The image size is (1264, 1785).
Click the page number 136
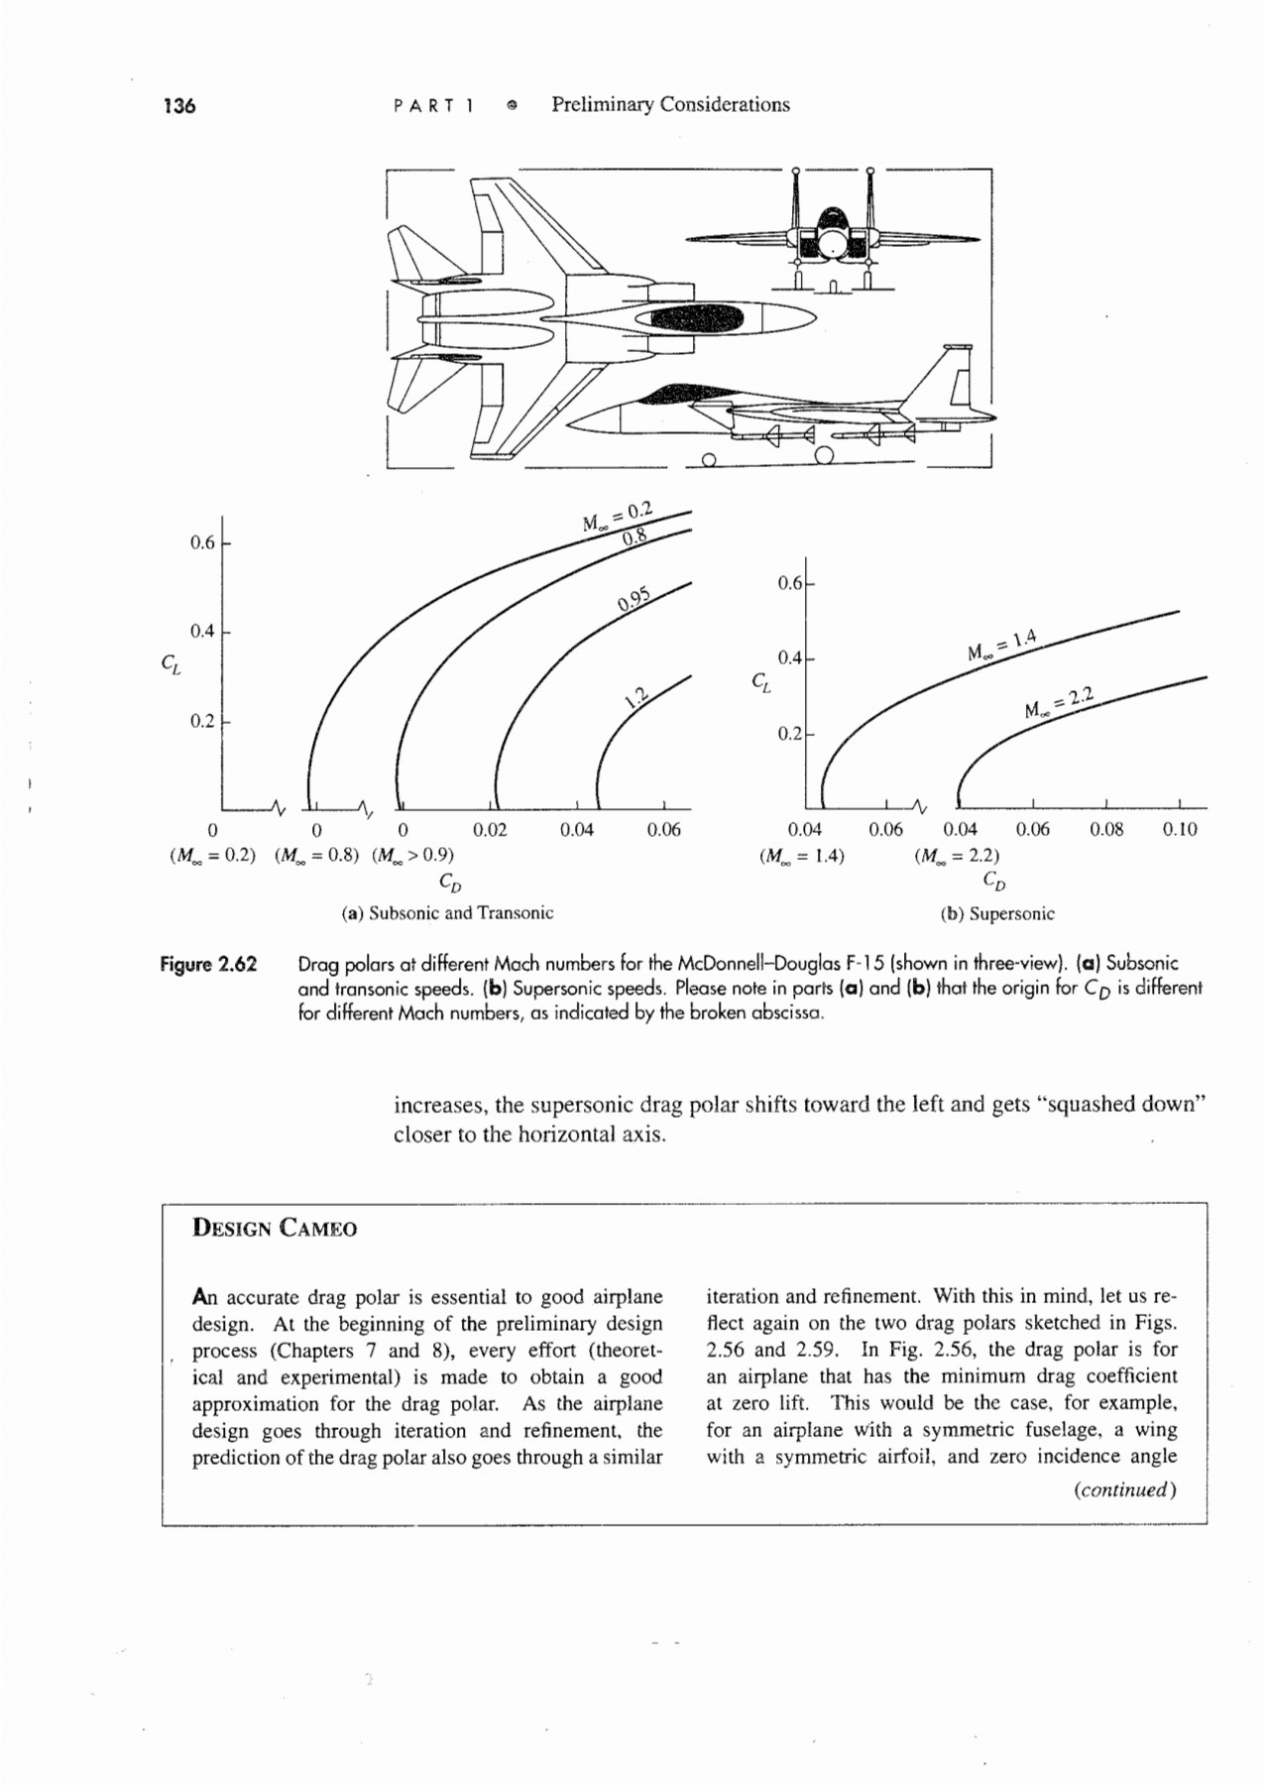pos(179,106)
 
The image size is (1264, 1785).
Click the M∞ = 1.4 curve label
pos(1001,646)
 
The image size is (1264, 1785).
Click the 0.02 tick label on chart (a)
pos(490,830)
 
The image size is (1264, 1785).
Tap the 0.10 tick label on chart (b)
pos(1180,830)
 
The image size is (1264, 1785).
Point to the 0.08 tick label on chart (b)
pos(1106,830)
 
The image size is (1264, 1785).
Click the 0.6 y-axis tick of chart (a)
pos(202,543)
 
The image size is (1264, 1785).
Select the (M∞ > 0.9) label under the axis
pos(412,855)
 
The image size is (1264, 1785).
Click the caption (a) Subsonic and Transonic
pos(447,913)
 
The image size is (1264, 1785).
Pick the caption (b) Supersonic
pos(997,914)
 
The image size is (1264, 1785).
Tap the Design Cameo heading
pos(275,1229)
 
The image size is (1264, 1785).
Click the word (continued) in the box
pos(1125,1490)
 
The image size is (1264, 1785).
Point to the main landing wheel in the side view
pos(823,455)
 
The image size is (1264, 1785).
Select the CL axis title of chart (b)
pos(759,682)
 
